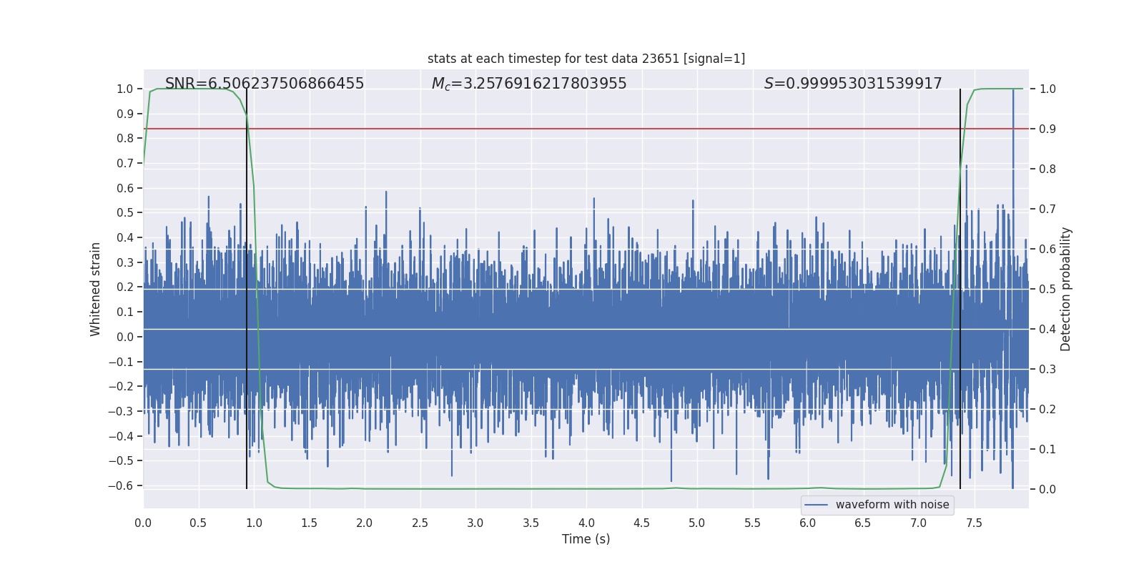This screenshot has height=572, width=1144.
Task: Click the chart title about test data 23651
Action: (x=586, y=59)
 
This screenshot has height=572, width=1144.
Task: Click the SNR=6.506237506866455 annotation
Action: (x=265, y=84)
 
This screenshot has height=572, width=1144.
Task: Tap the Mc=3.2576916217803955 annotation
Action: (x=529, y=84)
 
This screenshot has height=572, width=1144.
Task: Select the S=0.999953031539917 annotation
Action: (x=853, y=84)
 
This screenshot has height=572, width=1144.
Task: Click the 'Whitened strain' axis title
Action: (x=96, y=289)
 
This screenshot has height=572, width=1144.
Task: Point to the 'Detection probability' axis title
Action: (x=1066, y=289)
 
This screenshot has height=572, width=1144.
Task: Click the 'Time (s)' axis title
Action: (x=586, y=539)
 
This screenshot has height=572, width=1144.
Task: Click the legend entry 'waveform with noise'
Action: (x=892, y=505)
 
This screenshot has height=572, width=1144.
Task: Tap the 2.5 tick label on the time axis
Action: (x=420, y=523)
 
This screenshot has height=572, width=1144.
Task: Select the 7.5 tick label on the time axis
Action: (x=974, y=523)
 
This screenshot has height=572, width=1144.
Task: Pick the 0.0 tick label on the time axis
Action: (x=143, y=523)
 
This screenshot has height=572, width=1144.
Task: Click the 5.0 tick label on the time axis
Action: (x=697, y=523)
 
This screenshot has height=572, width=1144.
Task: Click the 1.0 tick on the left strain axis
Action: (x=125, y=89)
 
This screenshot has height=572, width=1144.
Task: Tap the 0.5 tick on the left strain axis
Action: (x=125, y=213)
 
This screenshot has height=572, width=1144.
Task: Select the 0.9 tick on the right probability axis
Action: (x=1047, y=129)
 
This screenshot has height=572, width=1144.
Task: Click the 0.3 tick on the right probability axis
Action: (x=1047, y=369)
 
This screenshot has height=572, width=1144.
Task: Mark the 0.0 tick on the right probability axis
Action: (x=1047, y=489)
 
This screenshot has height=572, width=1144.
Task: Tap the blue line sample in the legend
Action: (x=817, y=505)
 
